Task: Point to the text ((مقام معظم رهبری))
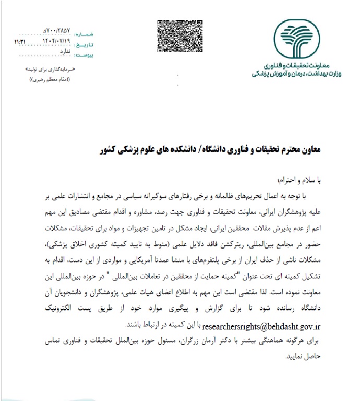point(51,79)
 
